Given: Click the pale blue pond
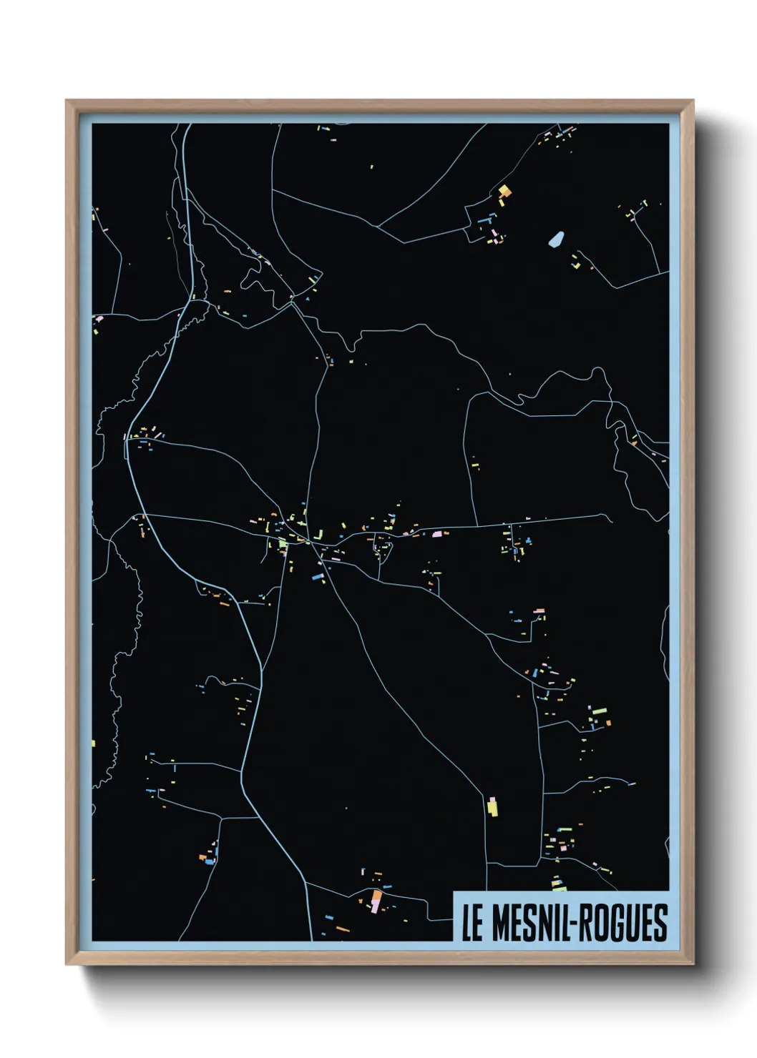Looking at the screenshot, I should [555, 238].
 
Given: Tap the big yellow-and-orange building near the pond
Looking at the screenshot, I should [504, 191].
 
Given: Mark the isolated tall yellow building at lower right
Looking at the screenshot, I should [492, 806].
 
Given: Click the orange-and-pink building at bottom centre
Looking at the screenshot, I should [376, 900].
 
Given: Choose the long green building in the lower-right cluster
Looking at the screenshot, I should [599, 711].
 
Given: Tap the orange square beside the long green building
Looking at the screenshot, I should [608, 723].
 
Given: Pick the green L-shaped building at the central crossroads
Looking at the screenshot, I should [283, 545].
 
